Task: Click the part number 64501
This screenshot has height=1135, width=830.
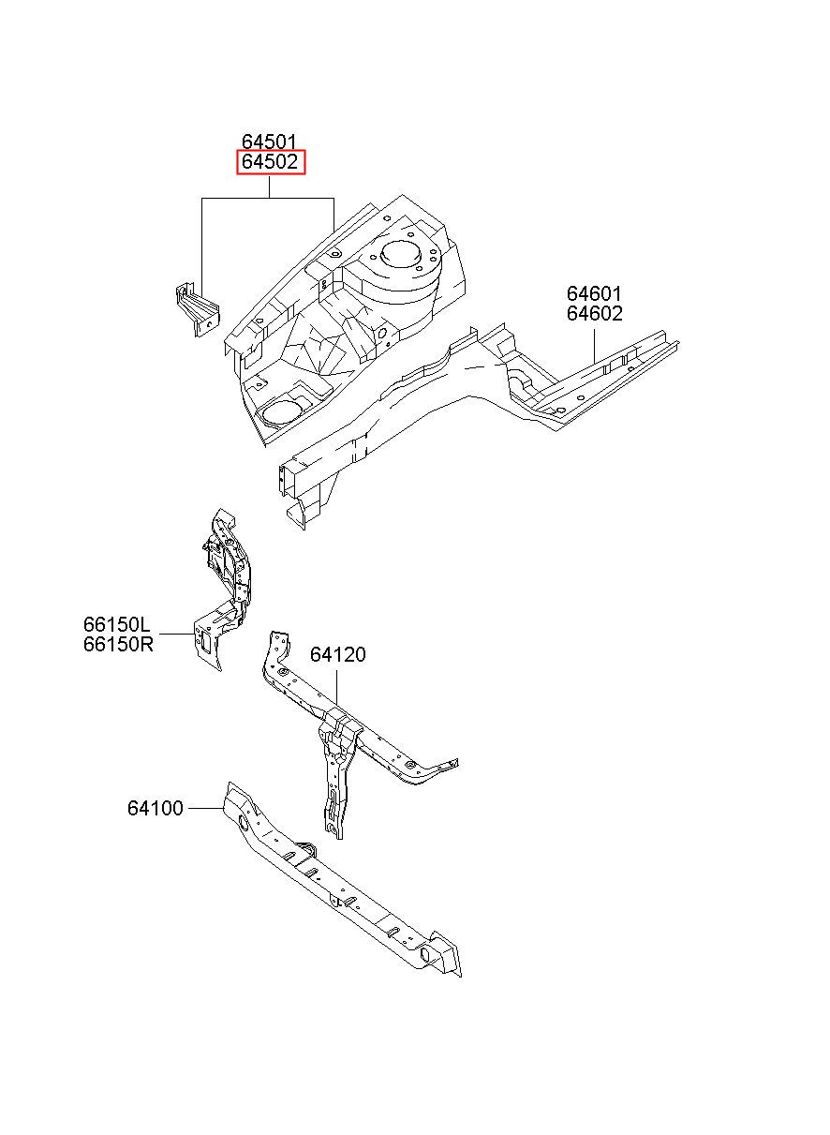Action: pos(269,142)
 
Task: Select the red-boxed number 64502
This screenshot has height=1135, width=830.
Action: pos(271,162)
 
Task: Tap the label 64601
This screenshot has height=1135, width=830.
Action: pos(594,293)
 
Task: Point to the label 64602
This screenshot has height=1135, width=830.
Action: pos(594,314)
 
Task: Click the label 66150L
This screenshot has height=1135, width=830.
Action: pos(117,624)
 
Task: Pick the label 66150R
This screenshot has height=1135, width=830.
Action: pos(118,645)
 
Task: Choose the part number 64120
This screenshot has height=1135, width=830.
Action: pos(338,654)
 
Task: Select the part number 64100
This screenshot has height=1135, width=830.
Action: pos(155,808)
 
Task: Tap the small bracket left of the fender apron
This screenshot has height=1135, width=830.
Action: pos(198,310)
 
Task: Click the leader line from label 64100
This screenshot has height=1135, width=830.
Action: pos(205,808)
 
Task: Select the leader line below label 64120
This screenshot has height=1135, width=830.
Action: pos(337,687)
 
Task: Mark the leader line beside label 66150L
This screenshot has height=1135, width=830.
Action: pos(177,634)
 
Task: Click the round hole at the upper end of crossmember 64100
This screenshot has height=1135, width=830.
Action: pos(243,823)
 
